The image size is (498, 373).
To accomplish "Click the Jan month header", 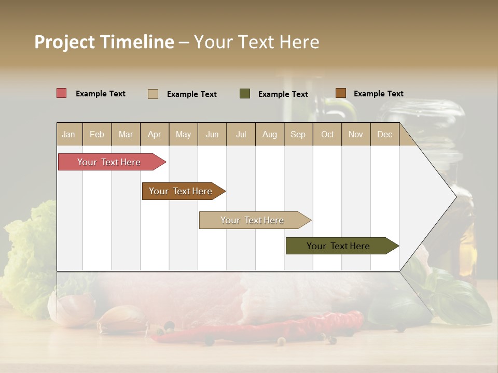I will click(x=68, y=135).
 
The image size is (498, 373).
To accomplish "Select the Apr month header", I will click(x=154, y=135).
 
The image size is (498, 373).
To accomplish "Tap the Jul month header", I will click(x=241, y=135).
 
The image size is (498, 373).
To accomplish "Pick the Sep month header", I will click(x=298, y=135).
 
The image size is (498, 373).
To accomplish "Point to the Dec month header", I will click(x=384, y=135).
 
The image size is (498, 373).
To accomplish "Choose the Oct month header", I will click(x=327, y=135).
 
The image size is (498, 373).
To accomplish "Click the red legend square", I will click(x=62, y=93).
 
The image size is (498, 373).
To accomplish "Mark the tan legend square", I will click(x=153, y=94).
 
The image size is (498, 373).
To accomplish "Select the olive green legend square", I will click(x=245, y=93).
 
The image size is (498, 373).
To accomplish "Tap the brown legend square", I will click(x=340, y=93).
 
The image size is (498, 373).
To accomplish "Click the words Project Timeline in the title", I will click(x=104, y=42).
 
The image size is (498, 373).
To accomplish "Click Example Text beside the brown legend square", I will click(x=378, y=94).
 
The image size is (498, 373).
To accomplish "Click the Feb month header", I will click(x=97, y=135).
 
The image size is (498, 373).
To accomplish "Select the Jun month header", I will click(x=212, y=135).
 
